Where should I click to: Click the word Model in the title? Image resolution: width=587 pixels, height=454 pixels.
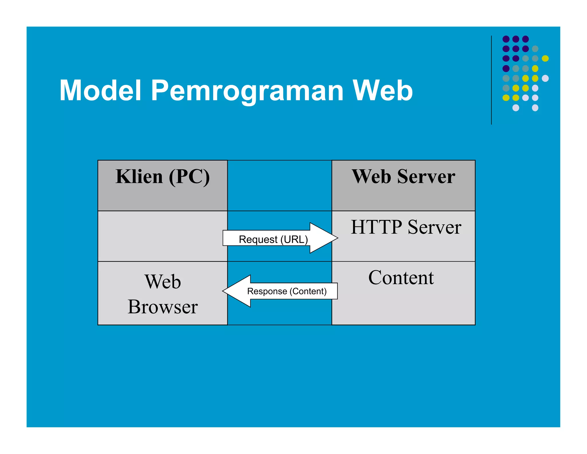(100, 91)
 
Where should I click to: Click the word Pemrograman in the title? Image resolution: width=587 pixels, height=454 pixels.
(247, 91)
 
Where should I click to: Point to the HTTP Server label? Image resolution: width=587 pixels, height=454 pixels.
(406, 227)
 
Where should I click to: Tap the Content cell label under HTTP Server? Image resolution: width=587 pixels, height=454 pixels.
(401, 278)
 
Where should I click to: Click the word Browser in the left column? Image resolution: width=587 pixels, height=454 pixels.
(163, 307)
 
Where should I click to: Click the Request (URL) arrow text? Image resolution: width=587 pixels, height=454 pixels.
(273, 239)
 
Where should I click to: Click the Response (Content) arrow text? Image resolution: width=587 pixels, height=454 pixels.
(287, 291)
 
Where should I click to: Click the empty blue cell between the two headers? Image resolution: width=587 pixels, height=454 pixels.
(279, 185)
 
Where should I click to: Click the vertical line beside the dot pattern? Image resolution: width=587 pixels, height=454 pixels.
(491, 80)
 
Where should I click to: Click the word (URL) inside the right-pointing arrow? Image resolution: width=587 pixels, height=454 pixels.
(294, 239)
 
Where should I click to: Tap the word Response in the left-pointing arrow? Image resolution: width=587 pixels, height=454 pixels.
(267, 291)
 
